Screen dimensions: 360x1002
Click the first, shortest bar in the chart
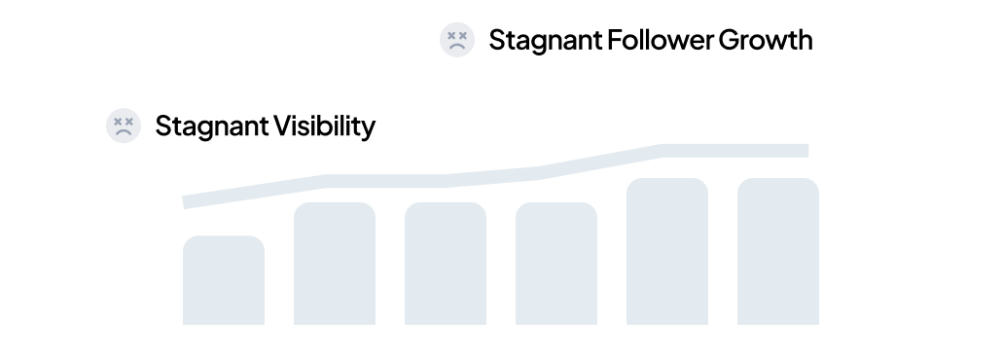click(223, 280)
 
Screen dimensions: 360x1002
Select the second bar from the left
click(334, 263)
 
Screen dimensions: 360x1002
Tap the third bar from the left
click(445, 263)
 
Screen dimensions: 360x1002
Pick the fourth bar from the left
click(555, 263)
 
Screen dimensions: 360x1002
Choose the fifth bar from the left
click(666, 251)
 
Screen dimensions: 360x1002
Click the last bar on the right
click(777, 251)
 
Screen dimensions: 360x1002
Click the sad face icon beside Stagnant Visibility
click(123, 126)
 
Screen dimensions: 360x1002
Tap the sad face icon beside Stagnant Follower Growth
click(456, 40)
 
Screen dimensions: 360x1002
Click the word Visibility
click(321, 126)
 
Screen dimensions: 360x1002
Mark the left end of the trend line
click(186, 202)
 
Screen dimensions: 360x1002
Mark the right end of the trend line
click(805, 150)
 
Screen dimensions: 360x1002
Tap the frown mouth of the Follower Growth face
click(456, 46)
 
